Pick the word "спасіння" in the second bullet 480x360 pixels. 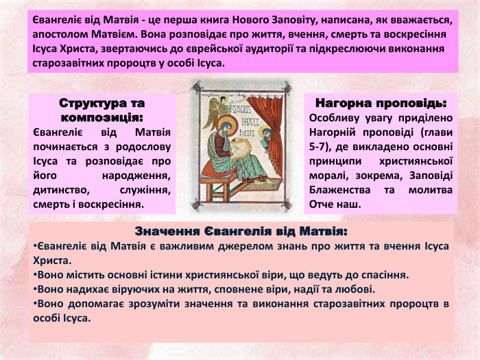click(384, 274)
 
